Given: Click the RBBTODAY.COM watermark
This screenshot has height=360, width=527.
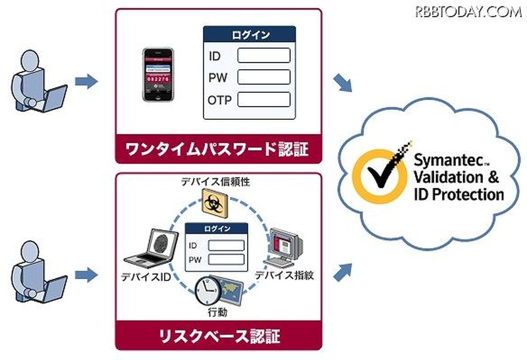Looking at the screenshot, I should pos(468,11).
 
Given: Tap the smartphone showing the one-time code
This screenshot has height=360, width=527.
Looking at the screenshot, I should pos(157,73).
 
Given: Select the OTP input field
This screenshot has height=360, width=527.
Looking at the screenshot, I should pos(263,99).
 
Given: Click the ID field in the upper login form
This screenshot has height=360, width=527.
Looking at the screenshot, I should pos(263,55).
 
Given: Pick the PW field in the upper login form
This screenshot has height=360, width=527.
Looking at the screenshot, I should pos(263,77).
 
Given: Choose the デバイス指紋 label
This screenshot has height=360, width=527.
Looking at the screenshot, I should pos(284,274).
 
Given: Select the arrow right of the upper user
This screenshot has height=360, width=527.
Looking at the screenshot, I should pos(86,82).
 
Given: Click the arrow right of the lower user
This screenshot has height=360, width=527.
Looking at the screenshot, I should pos(86,272).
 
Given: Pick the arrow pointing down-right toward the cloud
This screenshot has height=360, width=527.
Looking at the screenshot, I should pos(342,83).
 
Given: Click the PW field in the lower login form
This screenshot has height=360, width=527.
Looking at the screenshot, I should pos(226,259).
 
